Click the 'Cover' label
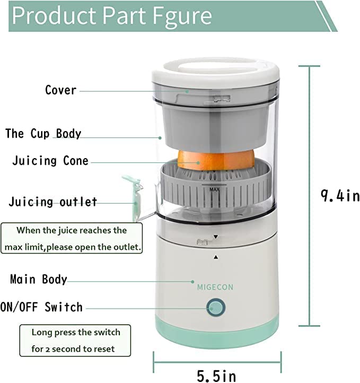pos(60,90)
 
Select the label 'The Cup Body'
pos(43,133)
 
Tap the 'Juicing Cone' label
pos(50,161)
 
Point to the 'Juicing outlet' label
pos(53,202)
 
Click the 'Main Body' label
pos(39,279)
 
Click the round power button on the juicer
pos(216,308)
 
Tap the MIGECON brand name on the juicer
pos(215,287)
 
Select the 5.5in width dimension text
pos(216,376)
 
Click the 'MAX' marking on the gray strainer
pos(215,189)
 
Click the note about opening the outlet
pos(72,239)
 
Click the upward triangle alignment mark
pos(215,257)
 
